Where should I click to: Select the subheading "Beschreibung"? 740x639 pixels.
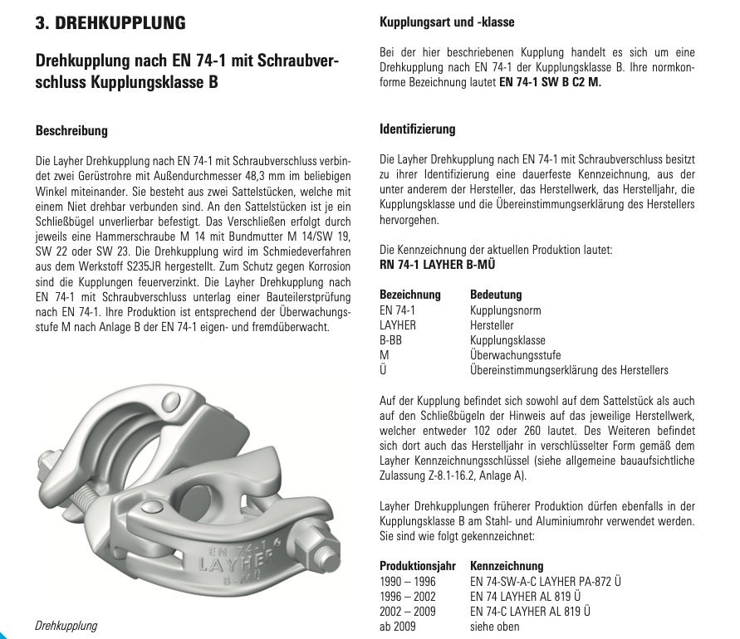[x=71, y=130]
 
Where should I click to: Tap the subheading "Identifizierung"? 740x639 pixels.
[x=417, y=129]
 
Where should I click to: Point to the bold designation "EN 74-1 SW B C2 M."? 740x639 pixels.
[x=550, y=82]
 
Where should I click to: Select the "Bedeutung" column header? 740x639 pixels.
[x=496, y=295]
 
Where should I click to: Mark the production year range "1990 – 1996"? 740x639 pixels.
[x=407, y=581]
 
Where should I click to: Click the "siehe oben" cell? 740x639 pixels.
[x=495, y=627]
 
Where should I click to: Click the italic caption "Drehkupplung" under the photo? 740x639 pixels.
[x=66, y=626]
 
